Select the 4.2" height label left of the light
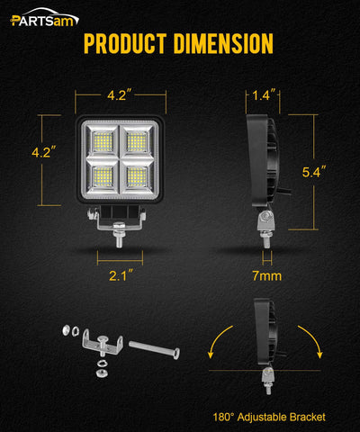click(x=42, y=153)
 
